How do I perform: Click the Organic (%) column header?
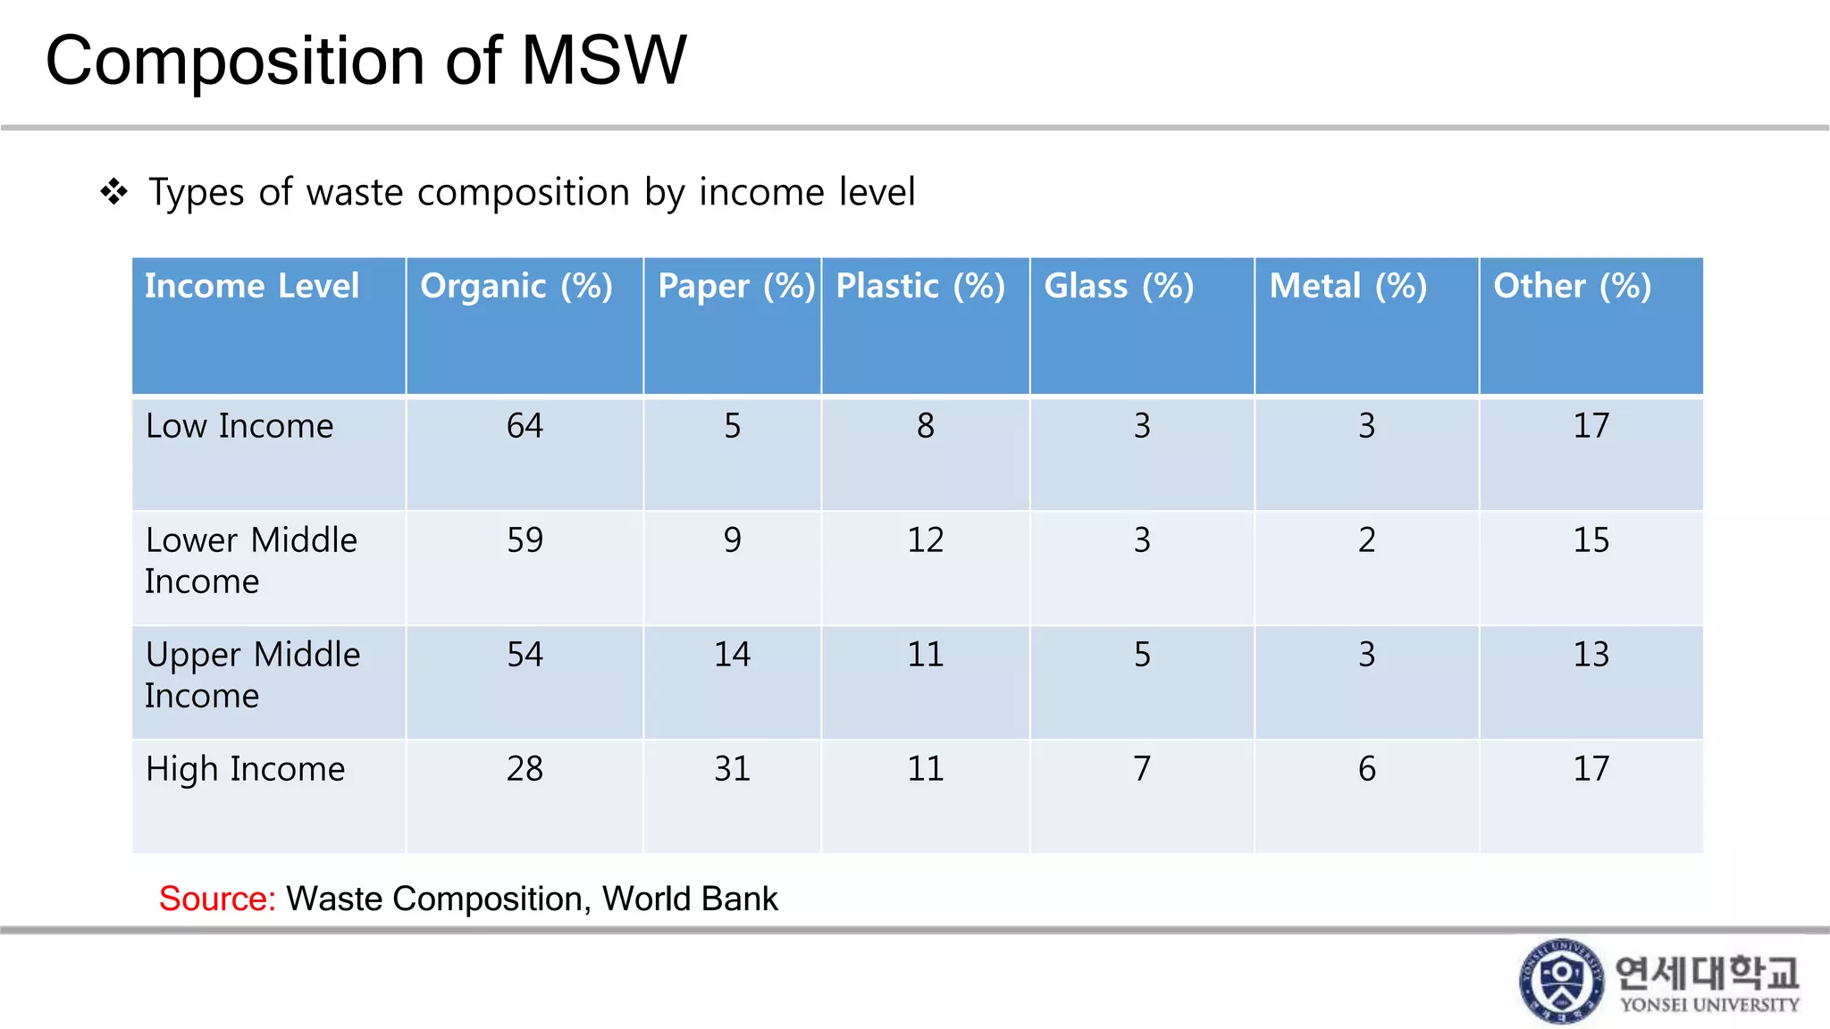tap(516, 287)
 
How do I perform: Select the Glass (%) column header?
tap(1119, 287)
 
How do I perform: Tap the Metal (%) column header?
tap(1347, 287)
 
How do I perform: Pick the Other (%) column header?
tap(1572, 287)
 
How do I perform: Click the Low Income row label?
tap(239, 426)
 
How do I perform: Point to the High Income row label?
tap(245, 769)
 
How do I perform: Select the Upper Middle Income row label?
tap(252, 674)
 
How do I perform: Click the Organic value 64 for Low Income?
tap(525, 426)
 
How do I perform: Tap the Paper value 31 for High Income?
tap(732, 769)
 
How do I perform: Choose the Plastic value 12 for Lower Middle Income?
tap(925, 540)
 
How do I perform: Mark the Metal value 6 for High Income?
tap(1366, 769)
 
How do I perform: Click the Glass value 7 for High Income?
tap(1142, 769)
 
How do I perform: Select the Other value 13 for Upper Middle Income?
tap(1591, 655)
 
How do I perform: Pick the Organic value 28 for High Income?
tap(525, 769)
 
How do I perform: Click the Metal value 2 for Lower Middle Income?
tap(1366, 540)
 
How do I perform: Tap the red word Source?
tap(217, 899)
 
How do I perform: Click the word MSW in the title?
tap(603, 61)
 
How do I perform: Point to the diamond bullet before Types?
tap(114, 191)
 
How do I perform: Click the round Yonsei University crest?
tap(1561, 980)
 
